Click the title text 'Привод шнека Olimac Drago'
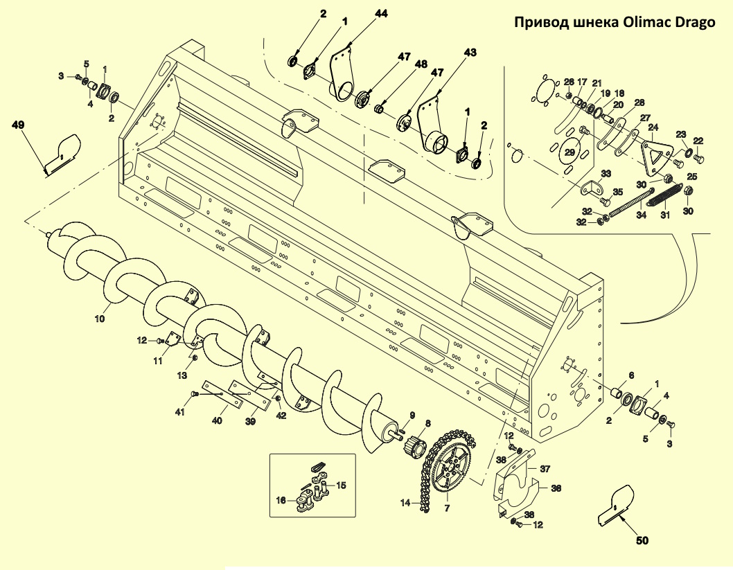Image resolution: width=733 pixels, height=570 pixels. point(613,23)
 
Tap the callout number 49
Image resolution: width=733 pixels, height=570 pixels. point(19,125)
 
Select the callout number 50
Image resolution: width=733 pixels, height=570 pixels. point(642,540)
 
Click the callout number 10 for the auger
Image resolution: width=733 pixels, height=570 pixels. point(100,319)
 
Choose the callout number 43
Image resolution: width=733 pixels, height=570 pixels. point(470,53)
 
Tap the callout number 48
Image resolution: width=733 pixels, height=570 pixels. point(421,64)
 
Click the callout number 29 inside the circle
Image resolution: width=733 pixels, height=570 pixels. point(570,152)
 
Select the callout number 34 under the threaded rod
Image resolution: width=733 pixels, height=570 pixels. point(641,215)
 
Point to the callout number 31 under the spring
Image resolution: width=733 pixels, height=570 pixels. point(665,215)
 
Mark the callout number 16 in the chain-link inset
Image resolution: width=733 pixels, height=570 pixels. point(281,500)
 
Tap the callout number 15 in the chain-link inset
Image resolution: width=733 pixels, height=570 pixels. point(341,485)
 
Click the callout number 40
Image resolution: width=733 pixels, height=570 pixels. point(217,420)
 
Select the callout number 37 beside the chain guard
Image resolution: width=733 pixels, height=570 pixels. point(545,469)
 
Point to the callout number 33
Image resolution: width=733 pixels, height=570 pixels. point(606,173)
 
